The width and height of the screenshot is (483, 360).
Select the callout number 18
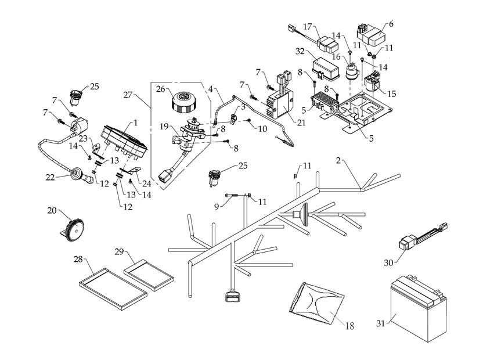tap(349, 326)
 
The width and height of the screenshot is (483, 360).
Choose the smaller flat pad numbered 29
tap(149, 272)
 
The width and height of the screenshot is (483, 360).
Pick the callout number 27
tap(128, 93)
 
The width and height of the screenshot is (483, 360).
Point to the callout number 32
tap(300, 51)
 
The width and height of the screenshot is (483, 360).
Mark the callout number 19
tap(164, 126)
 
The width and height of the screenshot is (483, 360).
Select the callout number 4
tap(211, 89)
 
